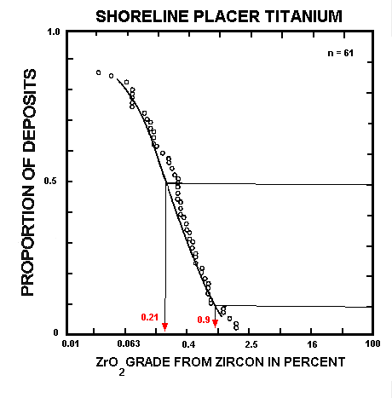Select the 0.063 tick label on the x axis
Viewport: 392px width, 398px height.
click(128, 344)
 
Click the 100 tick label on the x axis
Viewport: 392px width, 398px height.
click(372, 344)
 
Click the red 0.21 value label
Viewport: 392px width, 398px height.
click(150, 318)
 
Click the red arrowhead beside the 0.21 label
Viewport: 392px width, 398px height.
click(165, 326)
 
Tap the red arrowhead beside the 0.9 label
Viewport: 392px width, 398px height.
click(216, 324)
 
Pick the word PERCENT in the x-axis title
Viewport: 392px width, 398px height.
click(314, 362)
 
